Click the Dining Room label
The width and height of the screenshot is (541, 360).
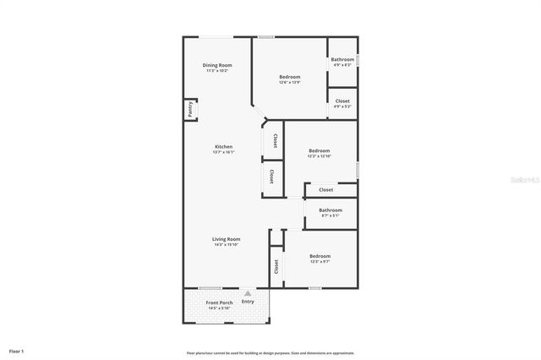217,65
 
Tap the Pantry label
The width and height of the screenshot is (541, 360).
191,109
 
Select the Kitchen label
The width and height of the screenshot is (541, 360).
223,146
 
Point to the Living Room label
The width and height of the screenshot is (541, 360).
226,239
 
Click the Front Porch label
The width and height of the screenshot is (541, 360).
220,303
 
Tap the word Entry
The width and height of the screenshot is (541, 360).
248,302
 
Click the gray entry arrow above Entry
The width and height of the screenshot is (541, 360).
248,293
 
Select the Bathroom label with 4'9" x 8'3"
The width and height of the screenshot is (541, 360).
342,59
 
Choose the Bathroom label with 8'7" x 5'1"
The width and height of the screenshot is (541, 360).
331,210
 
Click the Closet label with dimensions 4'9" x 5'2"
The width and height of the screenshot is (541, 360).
342,101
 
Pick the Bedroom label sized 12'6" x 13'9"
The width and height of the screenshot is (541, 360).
290,77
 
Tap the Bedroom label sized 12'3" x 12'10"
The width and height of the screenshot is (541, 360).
320,150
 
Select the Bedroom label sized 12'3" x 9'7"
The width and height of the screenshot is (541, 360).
320,256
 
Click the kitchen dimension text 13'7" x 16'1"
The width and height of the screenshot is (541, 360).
223,152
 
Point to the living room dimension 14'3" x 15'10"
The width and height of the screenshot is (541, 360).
226,245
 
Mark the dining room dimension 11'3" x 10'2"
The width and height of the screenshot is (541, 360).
217,71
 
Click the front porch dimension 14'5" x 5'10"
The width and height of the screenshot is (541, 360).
220,308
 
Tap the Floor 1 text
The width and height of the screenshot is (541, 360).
17,350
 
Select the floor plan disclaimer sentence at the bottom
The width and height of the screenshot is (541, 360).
270,353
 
